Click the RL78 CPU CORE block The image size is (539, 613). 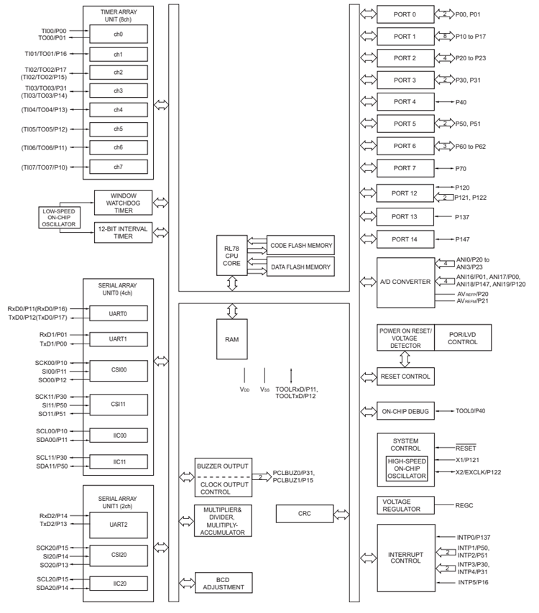click(231, 255)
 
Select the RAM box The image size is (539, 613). click(231, 339)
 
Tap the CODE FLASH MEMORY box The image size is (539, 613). click(300, 246)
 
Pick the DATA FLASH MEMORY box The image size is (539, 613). click(300, 267)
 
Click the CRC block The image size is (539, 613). click(304, 514)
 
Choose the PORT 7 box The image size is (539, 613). click(405, 168)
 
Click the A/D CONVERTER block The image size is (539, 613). click(406, 282)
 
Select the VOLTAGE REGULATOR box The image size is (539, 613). click(406, 505)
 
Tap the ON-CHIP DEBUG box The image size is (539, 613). click(406, 412)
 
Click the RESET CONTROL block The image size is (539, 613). click(406, 377)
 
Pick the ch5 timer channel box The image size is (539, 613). click(118, 129)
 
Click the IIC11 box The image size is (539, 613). click(118, 461)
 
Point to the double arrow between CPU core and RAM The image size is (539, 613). click(231, 284)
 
